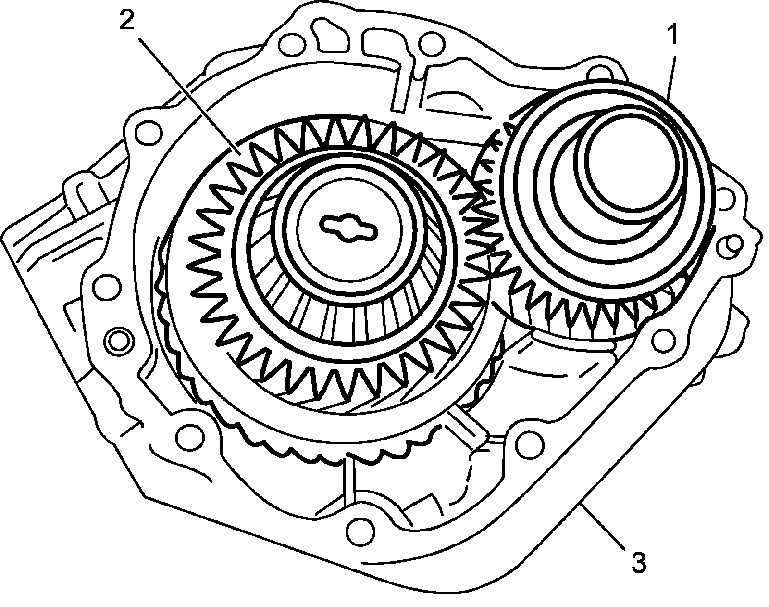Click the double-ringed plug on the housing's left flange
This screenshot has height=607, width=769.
tap(119, 339)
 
